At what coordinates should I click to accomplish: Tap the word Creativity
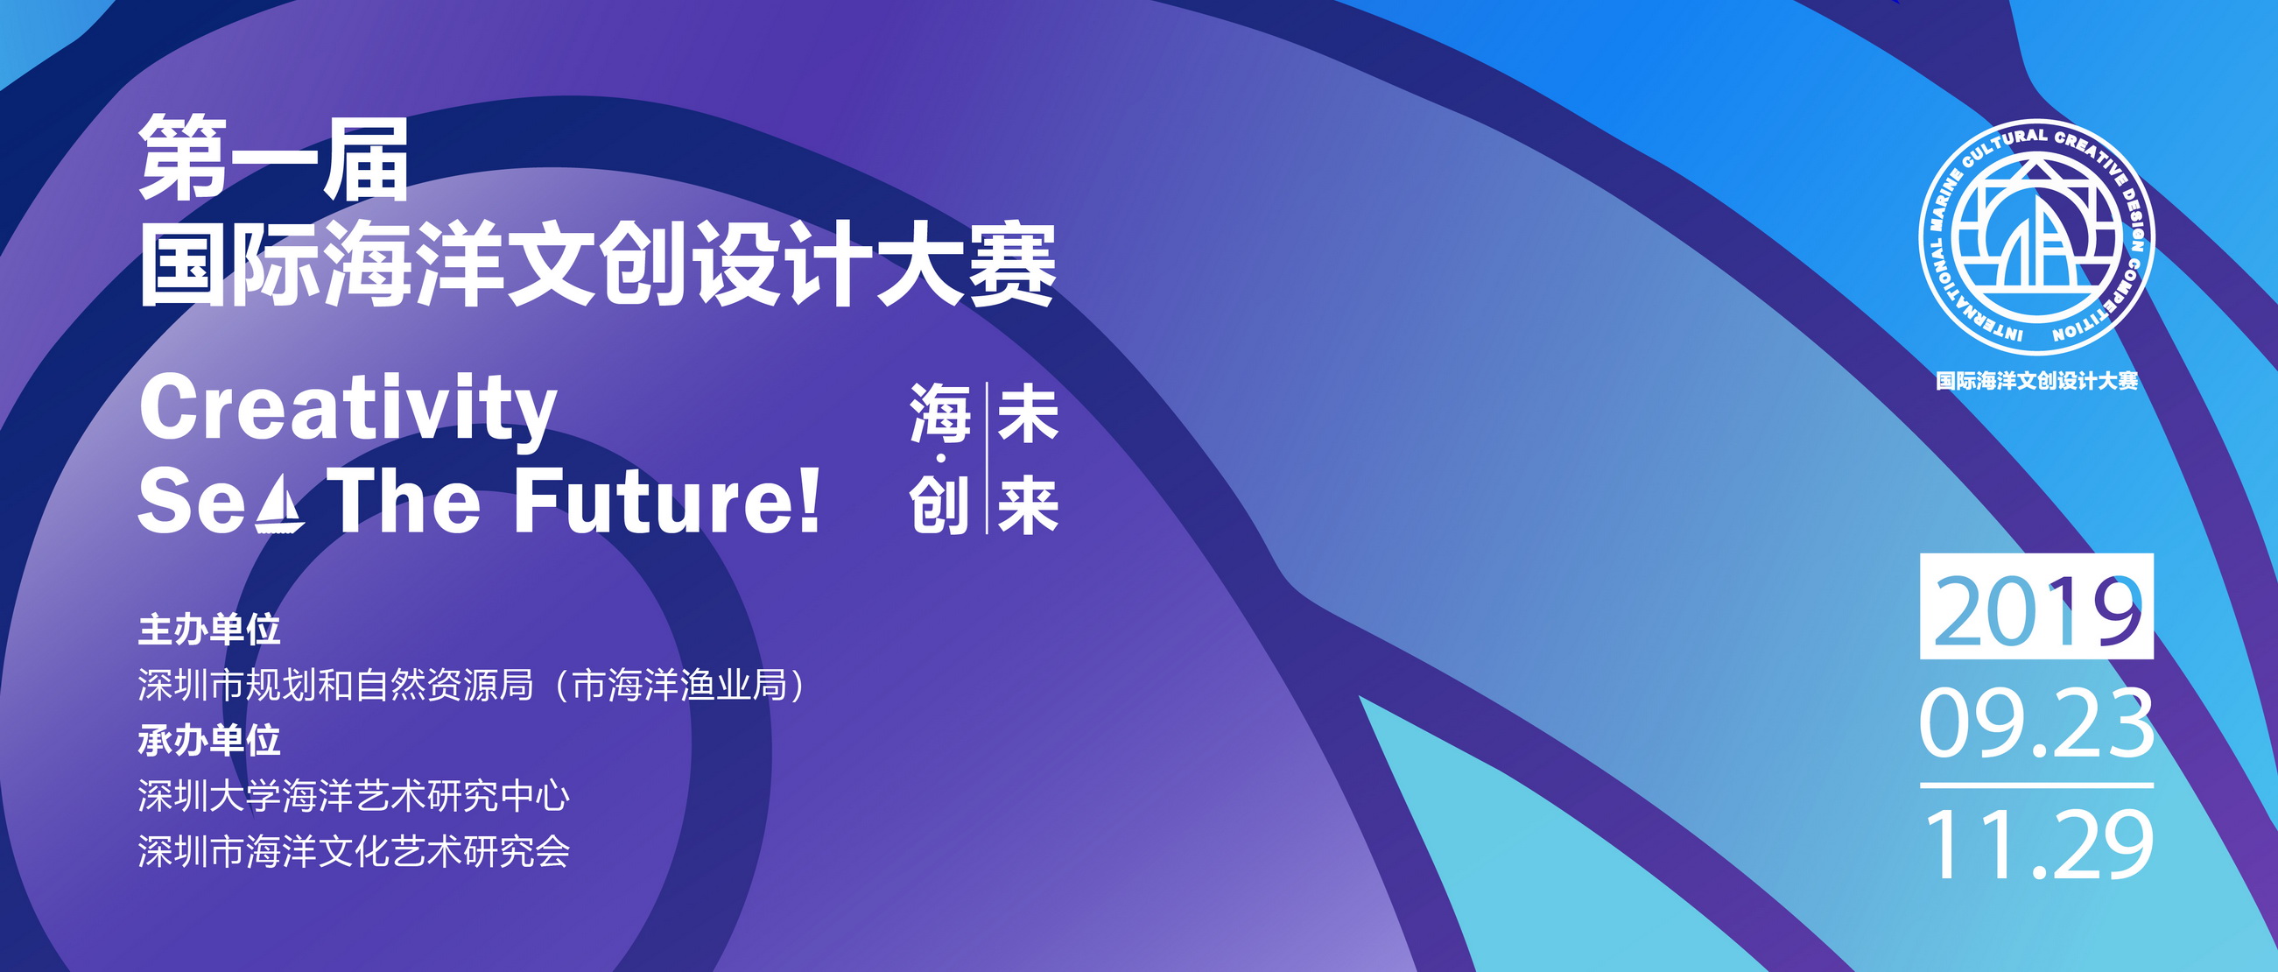[x=348, y=408]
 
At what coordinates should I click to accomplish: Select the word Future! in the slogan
[x=667, y=501]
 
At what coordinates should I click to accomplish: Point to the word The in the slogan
[x=405, y=501]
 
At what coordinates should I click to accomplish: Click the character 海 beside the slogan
[x=940, y=413]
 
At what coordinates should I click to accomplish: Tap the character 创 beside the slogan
[x=939, y=504]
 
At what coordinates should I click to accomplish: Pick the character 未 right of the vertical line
[x=1029, y=413]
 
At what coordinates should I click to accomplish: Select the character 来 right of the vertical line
[x=1029, y=504]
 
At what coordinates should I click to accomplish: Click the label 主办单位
[x=209, y=630]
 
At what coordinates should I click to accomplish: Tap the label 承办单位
[x=209, y=740]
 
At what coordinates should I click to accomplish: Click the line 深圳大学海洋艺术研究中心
[x=354, y=796]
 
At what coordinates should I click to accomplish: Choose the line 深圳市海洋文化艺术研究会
[x=354, y=851]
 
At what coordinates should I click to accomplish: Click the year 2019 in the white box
[x=2036, y=609]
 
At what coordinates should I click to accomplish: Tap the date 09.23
[x=2036, y=723]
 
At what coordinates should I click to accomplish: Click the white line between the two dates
[x=2036, y=785]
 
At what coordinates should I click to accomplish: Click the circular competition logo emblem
[x=2036, y=237]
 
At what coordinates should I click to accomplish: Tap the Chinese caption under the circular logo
[x=2036, y=381]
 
